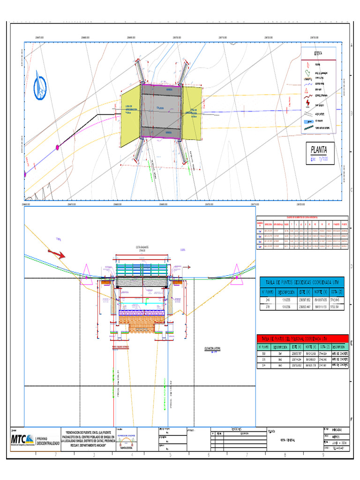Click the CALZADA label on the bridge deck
point(160,108)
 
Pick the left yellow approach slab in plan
point(129,113)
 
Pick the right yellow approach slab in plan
point(192,112)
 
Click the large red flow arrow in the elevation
point(56,254)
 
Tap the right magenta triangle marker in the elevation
point(237,271)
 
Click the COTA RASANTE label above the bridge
point(141,247)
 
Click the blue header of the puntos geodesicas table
point(301,282)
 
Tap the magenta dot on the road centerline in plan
point(58,148)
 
